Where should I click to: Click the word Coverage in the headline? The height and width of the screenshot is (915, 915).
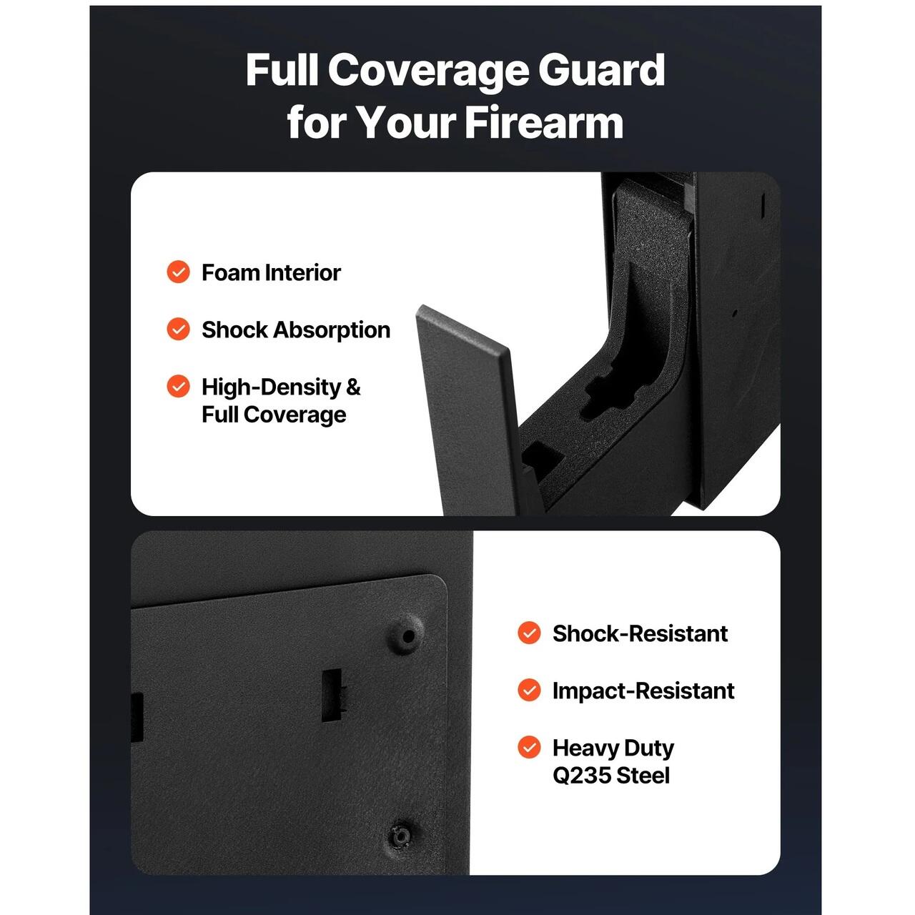427,71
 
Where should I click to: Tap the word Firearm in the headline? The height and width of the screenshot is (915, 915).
544,122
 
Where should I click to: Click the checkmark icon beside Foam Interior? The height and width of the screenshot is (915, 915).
178,272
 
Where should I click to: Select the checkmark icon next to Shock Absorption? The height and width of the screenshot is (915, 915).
178,329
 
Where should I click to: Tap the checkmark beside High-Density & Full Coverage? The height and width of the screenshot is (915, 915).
178,386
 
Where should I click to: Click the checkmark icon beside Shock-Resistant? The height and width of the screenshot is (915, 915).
529,633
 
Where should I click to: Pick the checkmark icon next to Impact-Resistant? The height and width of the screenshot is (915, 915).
529,690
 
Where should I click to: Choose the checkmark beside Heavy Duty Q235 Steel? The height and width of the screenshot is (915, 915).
529,748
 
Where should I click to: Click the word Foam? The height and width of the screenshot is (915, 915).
230,272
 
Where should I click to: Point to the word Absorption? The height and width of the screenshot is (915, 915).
332,330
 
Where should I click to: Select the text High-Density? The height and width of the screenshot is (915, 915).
271,387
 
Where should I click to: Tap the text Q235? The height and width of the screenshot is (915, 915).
582,776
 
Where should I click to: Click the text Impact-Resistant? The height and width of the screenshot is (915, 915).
643,691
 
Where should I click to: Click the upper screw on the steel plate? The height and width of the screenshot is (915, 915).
407,635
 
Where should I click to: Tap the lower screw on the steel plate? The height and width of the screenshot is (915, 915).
401,836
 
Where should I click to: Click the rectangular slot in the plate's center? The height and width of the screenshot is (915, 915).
332,695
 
